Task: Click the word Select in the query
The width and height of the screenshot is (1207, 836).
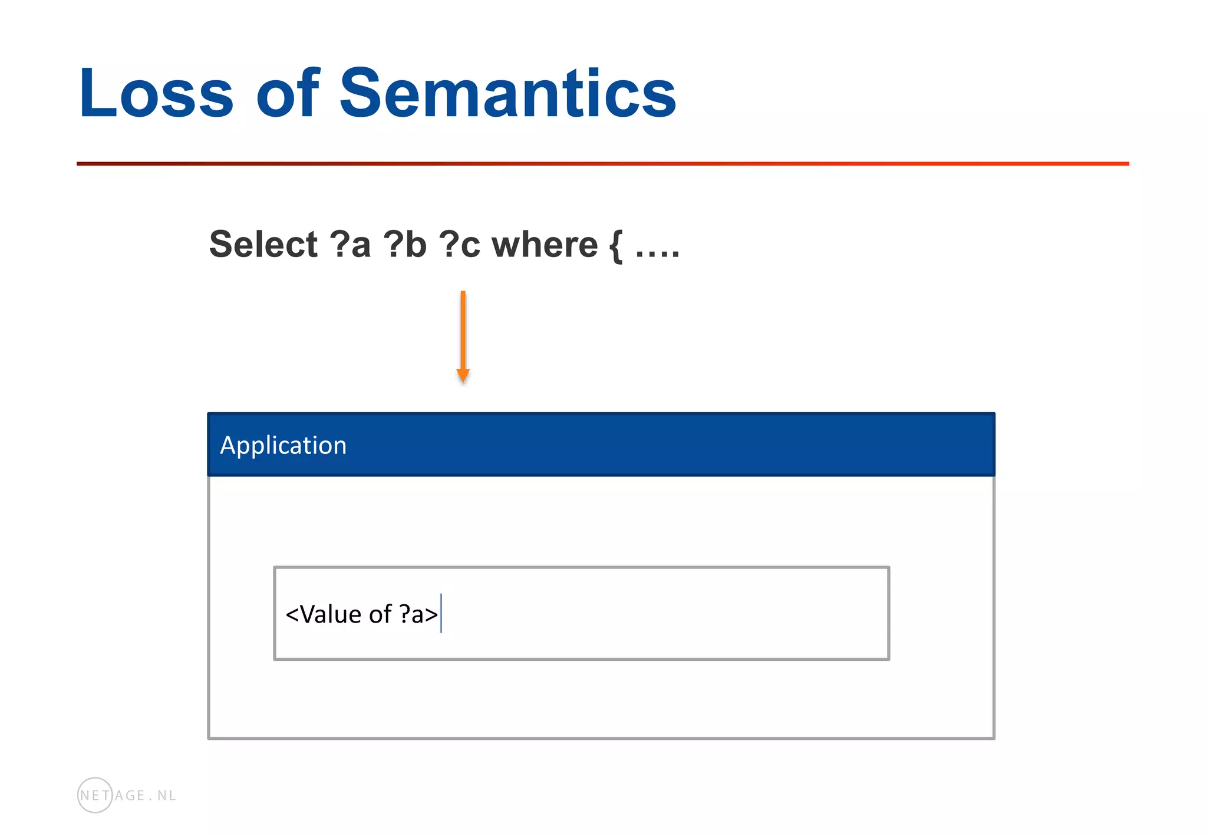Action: [263, 244]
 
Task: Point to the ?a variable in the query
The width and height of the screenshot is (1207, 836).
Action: [350, 244]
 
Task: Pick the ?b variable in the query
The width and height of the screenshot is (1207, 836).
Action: [405, 244]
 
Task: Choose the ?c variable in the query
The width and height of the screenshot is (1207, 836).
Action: [460, 244]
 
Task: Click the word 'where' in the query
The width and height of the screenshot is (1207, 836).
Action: [545, 244]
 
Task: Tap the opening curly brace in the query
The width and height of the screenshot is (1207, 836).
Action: [615, 246]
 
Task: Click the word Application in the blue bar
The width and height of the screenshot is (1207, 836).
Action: [283, 445]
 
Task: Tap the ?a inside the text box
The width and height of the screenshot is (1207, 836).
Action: [411, 614]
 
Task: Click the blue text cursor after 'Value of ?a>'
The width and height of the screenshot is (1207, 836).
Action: [441, 613]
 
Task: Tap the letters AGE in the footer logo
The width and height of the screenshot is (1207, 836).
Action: [130, 795]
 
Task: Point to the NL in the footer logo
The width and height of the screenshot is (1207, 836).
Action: [167, 795]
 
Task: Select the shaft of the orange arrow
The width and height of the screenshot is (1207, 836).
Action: [463, 330]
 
